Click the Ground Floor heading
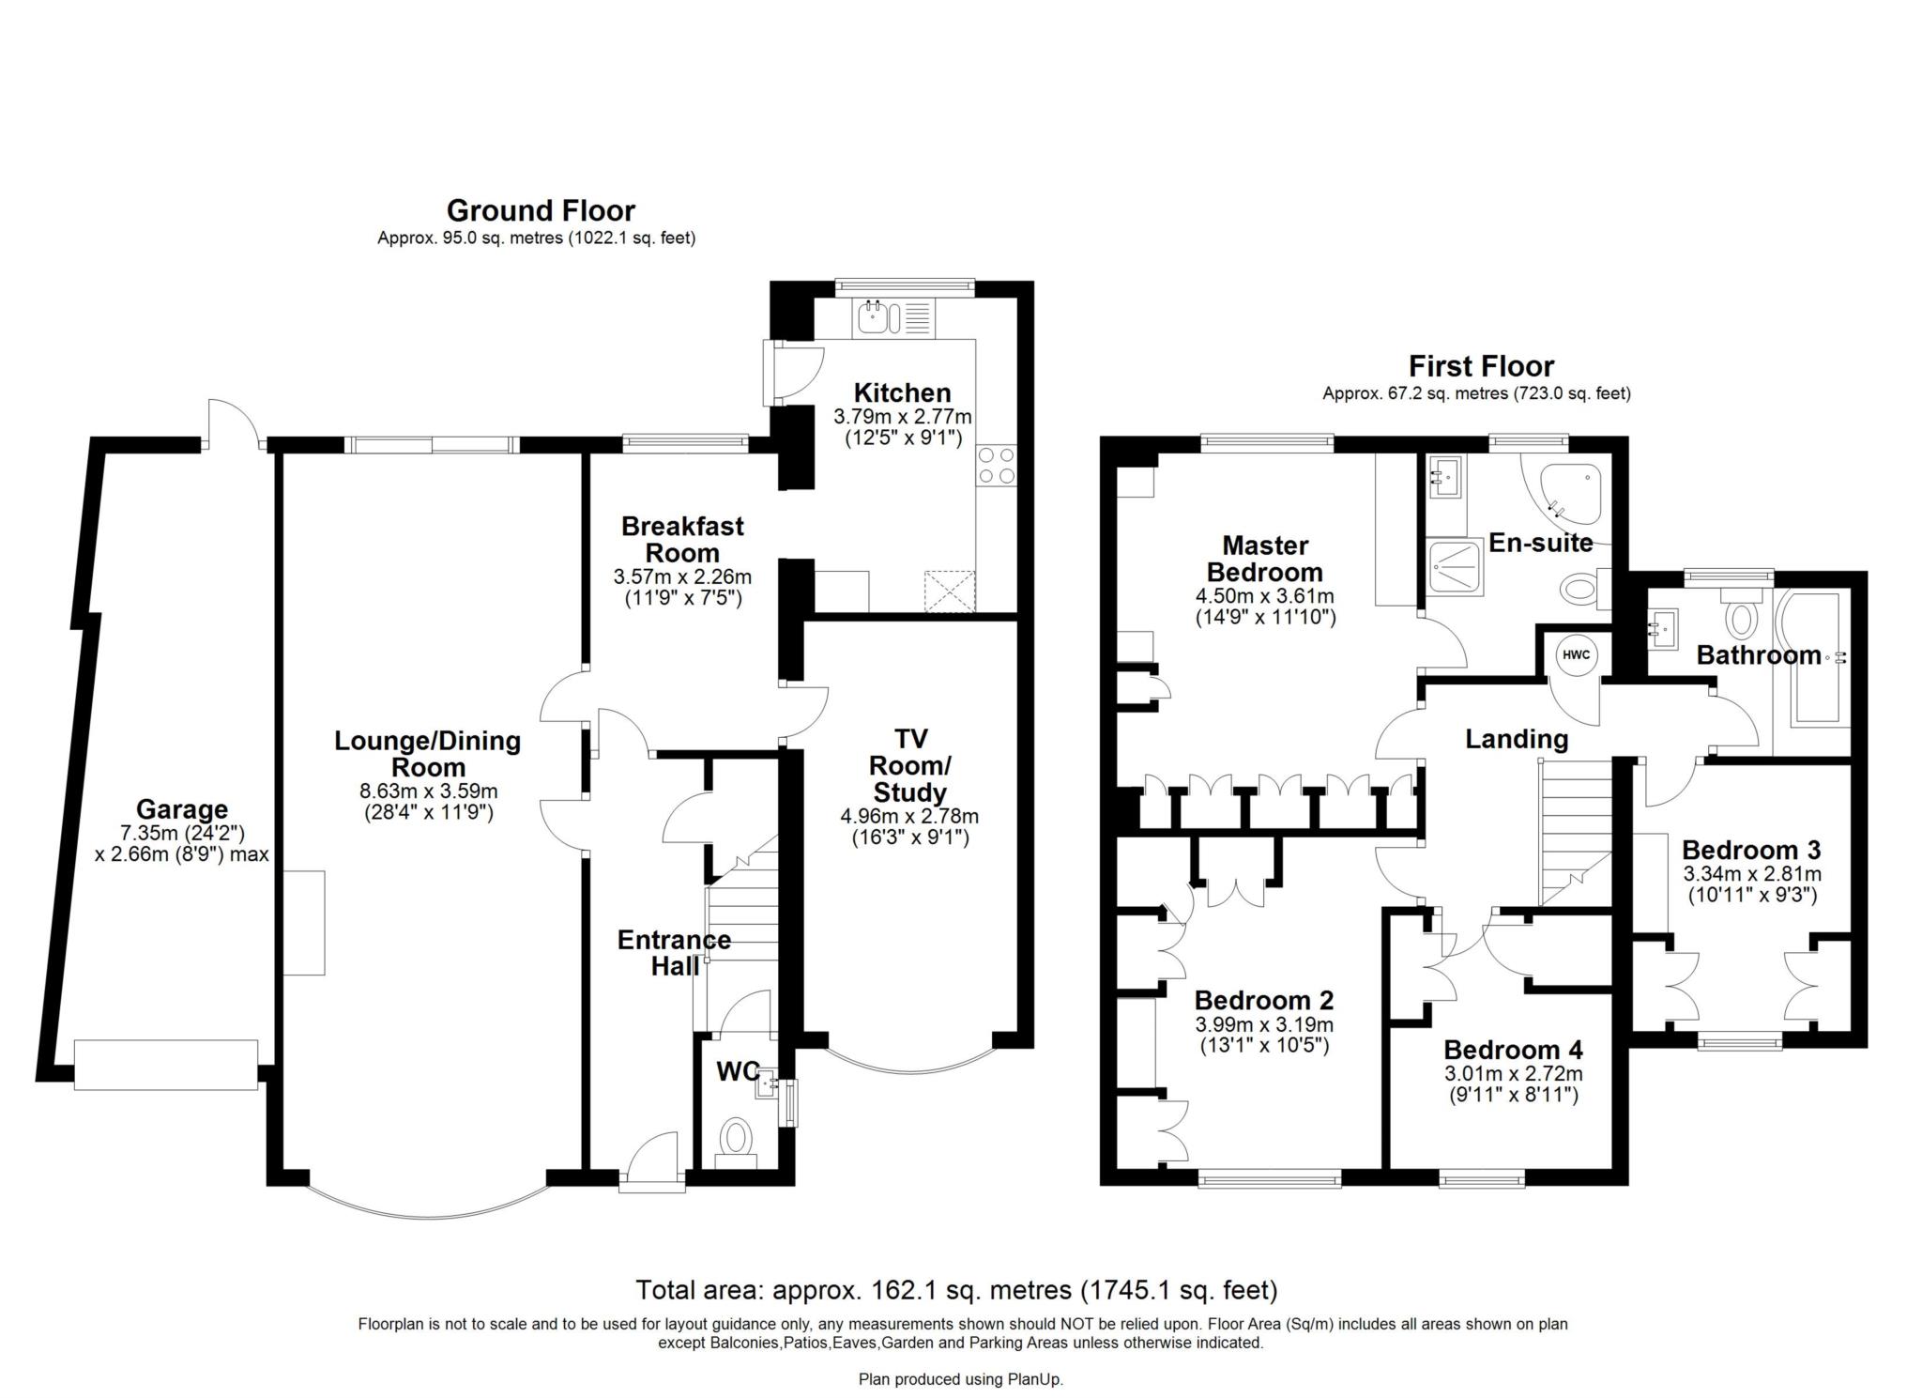tap(540, 210)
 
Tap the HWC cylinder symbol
tap(1576, 655)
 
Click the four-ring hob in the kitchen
tap(996, 465)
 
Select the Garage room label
tap(182, 808)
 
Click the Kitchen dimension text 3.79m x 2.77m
tap(902, 416)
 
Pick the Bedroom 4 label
tap(1513, 1050)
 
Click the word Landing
tap(1517, 739)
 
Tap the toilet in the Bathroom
tap(1742, 618)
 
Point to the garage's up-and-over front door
tap(166, 1065)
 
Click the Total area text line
tap(956, 1290)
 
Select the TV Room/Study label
tap(908, 765)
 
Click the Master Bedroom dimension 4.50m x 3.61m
tap(1264, 596)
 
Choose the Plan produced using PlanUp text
tap(960, 1379)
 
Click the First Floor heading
tap(1480, 366)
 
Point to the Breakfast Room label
tap(682, 540)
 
